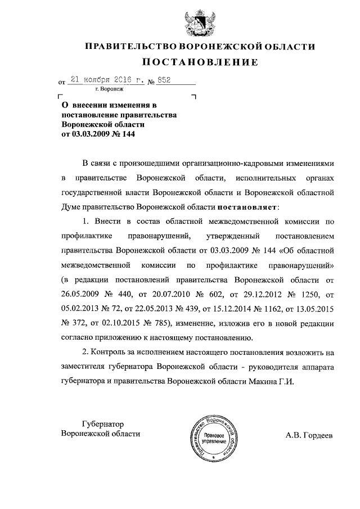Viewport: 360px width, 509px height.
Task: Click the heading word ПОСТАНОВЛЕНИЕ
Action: (199, 62)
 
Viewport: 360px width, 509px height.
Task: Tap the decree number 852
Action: (164, 80)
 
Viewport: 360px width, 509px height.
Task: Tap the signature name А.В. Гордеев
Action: (309, 435)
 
